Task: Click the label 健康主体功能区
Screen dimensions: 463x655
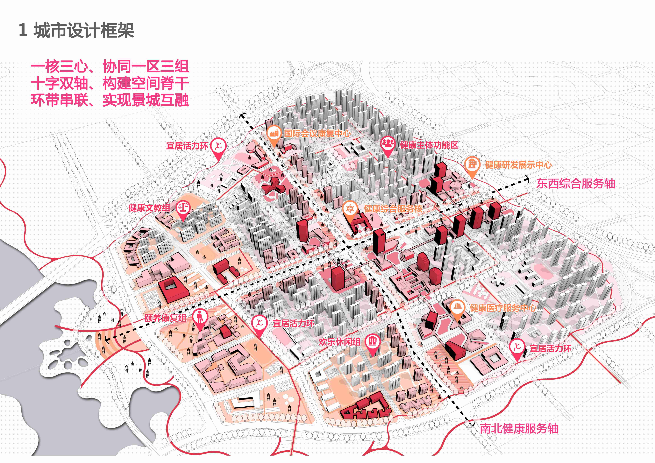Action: click(429, 145)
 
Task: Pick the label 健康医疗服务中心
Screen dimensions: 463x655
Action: click(503, 308)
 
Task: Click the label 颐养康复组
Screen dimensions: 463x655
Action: click(165, 318)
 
